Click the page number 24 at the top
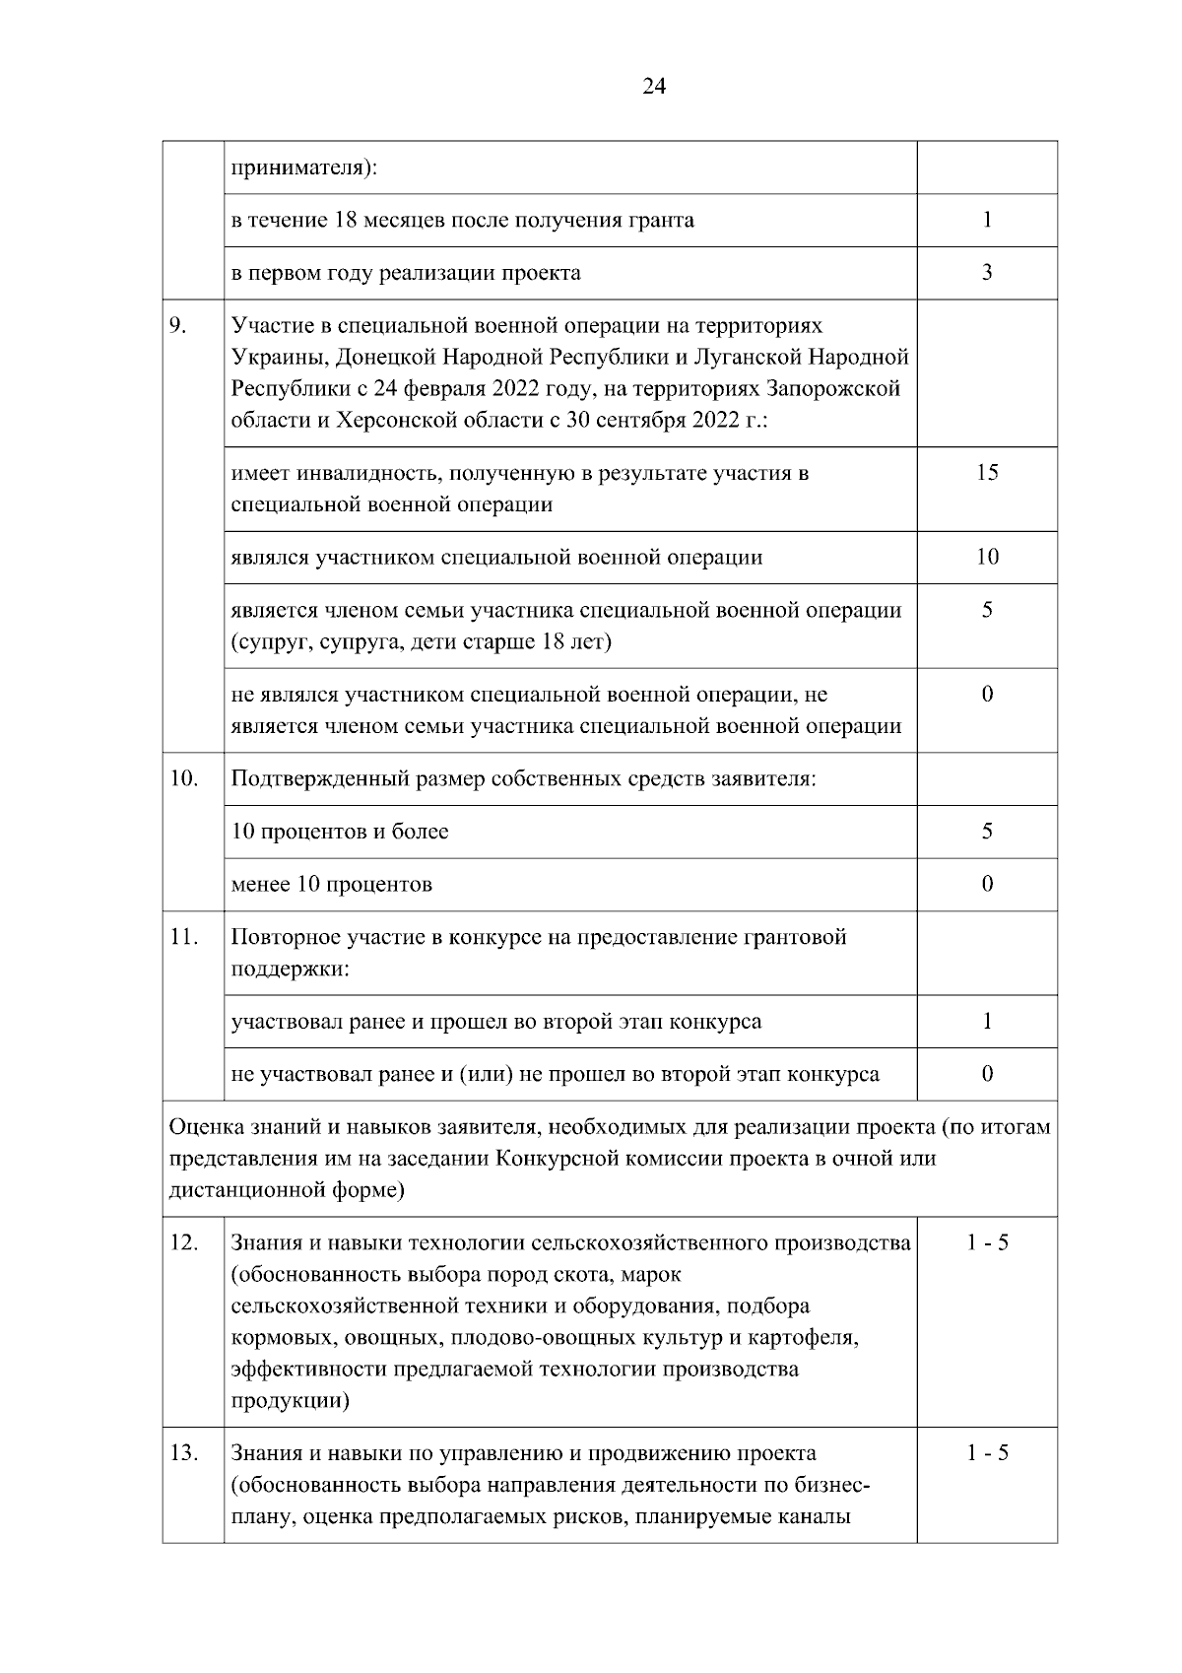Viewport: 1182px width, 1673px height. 654,87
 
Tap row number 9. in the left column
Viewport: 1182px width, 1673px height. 177,325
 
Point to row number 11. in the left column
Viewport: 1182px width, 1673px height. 182,937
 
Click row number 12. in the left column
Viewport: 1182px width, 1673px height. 183,1242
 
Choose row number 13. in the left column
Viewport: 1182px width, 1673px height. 183,1453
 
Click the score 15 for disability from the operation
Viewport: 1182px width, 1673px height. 987,473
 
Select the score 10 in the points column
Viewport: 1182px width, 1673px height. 987,557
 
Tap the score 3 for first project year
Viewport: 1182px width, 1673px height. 987,272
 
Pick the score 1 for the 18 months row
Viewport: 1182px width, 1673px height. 987,220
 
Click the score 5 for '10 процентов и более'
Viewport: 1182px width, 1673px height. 987,832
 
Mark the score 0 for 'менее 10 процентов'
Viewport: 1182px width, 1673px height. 987,884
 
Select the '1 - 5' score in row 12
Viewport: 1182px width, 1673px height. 987,1242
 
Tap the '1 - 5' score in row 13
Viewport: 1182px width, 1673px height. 987,1453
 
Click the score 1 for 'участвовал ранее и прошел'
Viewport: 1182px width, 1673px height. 987,1022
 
